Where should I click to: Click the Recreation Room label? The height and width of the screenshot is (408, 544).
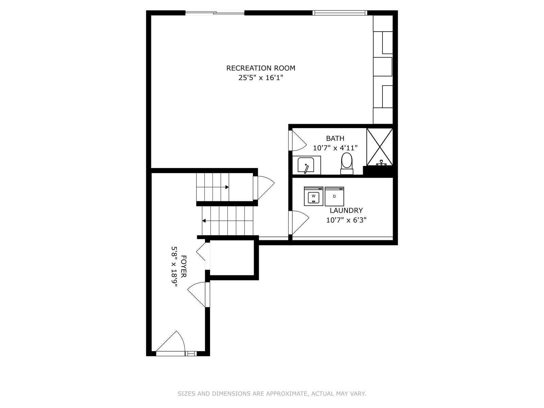[x=260, y=68]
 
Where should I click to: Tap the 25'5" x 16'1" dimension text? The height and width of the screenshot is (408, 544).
[x=260, y=78]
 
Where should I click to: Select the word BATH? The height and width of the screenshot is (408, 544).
[x=335, y=138]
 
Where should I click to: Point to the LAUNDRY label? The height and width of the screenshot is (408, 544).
[x=346, y=210]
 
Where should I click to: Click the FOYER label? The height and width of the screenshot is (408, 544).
[x=183, y=266]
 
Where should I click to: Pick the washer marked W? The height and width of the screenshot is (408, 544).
[x=313, y=196]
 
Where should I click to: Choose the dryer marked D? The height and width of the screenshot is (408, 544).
[x=334, y=196]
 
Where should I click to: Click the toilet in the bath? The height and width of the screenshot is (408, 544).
[x=347, y=164]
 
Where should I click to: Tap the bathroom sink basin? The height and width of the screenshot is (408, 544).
[x=306, y=165]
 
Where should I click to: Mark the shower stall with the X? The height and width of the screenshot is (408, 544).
[x=380, y=147]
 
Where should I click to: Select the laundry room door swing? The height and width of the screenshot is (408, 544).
[x=299, y=222]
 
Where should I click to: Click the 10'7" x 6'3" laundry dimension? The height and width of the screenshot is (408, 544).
[x=346, y=220]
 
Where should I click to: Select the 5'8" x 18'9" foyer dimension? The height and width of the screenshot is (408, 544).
[x=174, y=266]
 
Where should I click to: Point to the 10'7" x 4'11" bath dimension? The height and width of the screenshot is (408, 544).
[x=335, y=148]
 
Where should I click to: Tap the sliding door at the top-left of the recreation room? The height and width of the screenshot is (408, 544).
[x=215, y=13]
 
